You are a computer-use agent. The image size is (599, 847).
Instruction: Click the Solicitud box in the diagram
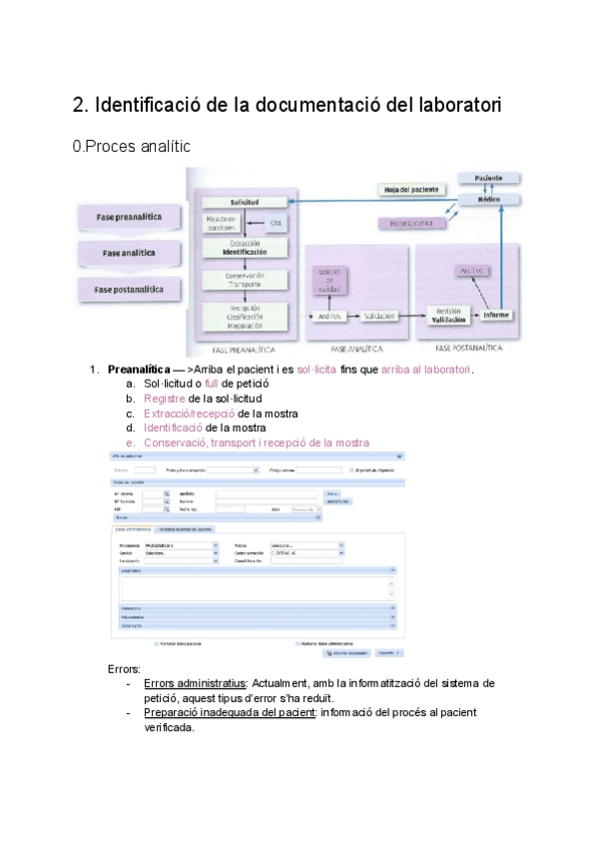click(244, 202)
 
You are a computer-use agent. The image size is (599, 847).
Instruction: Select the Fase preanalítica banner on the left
click(131, 218)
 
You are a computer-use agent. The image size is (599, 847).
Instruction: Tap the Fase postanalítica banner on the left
click(131, 290)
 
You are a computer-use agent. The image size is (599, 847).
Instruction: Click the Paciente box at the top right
click(489, 178)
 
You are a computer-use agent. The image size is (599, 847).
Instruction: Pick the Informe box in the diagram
click(496, 316)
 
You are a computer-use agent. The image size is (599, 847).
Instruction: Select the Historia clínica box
click(410, 224)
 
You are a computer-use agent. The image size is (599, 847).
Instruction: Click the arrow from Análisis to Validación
click(353, 317)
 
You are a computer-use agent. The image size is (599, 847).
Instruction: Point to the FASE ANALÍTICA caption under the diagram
click(357, 350)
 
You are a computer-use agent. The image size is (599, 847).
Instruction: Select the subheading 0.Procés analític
click(132, 147)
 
